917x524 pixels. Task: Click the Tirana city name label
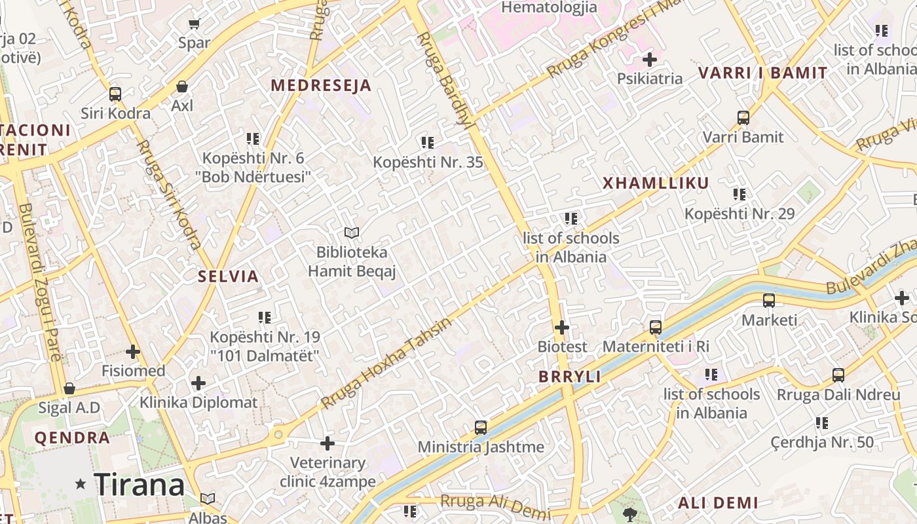(x=139, y=485)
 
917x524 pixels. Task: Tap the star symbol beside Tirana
(x=81, y=485)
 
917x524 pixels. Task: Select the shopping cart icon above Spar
(x=194, y=24)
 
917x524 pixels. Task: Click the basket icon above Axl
(x=182, y=86)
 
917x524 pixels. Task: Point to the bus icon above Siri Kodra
(x=115, y=94)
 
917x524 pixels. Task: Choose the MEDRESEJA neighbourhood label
(x=321, y=86)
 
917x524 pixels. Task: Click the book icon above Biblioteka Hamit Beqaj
(x=352, y=233)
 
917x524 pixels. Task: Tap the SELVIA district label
(x=229, y=276)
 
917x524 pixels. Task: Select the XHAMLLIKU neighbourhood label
(x=656, y=183)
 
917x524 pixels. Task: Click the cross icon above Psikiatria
(x=649, y=60)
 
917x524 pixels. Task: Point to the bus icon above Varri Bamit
(x=743, y=118)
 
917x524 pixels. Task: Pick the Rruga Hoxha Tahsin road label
(x=386, y=363)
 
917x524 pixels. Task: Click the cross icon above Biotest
(x=562, y=327)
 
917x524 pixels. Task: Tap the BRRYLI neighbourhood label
(x=570, y=377)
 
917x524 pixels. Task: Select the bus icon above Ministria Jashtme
(x=481, y=428)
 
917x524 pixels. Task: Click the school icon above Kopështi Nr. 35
(x=428, y=143)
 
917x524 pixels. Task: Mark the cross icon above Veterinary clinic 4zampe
(x=327, y=443)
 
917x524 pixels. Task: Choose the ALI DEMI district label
(x=718, y=503)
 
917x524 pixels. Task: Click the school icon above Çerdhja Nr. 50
(x=822, y=423)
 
